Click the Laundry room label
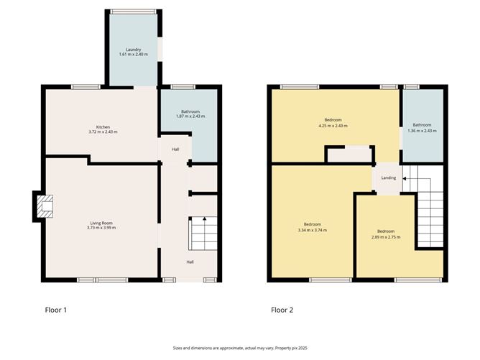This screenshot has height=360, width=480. [134, 50]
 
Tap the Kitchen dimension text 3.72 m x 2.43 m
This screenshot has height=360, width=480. [103, 132]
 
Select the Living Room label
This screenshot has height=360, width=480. [101, 223]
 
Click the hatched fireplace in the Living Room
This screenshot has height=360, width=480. [45, 206]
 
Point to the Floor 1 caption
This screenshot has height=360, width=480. [56, 310]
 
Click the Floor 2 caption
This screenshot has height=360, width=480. [282, 310]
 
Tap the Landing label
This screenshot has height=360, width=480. [389, 177]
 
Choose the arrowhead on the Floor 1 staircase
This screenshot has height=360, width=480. [204, 218]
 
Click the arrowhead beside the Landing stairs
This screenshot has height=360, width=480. [404, 178]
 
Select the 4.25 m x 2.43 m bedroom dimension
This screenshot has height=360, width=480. [333, 126]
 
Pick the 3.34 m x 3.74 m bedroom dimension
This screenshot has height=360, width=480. [313, 230]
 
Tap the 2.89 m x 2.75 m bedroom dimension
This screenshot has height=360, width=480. [386, 237]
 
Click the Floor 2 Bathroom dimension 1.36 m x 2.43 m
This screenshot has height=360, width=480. [422, 131]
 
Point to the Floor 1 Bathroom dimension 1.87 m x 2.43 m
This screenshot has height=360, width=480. [190, 116]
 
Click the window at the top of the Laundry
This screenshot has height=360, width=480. [134, 11]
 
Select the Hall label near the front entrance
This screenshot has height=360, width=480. [190, 262]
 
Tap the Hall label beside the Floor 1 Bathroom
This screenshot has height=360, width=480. [175, 149]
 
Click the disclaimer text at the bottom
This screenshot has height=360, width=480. [240, 348]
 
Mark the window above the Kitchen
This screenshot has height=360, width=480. [86, 87]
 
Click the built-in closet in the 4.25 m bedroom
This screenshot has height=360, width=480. [350, 154]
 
